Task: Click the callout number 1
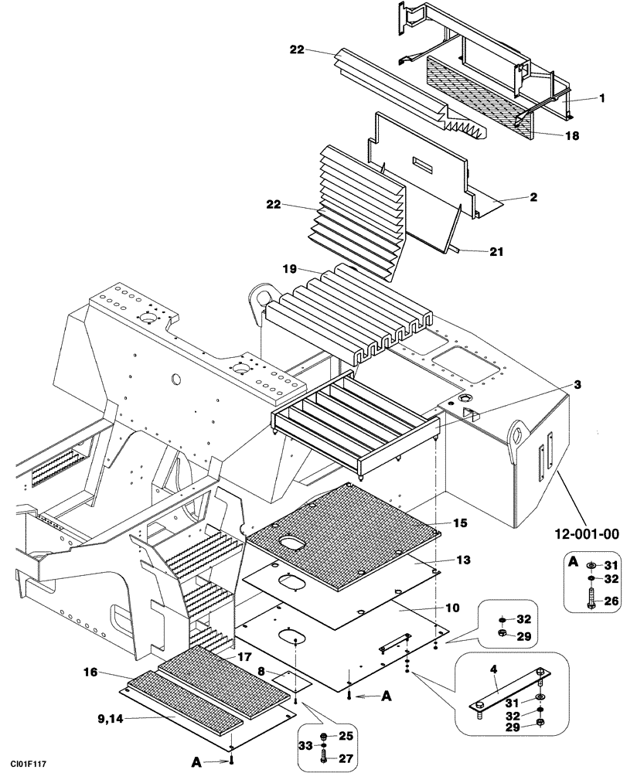coord(601,99)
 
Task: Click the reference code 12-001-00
coord(588,533)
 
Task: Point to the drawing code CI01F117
coord(28,764)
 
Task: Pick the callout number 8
coord(263,672)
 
